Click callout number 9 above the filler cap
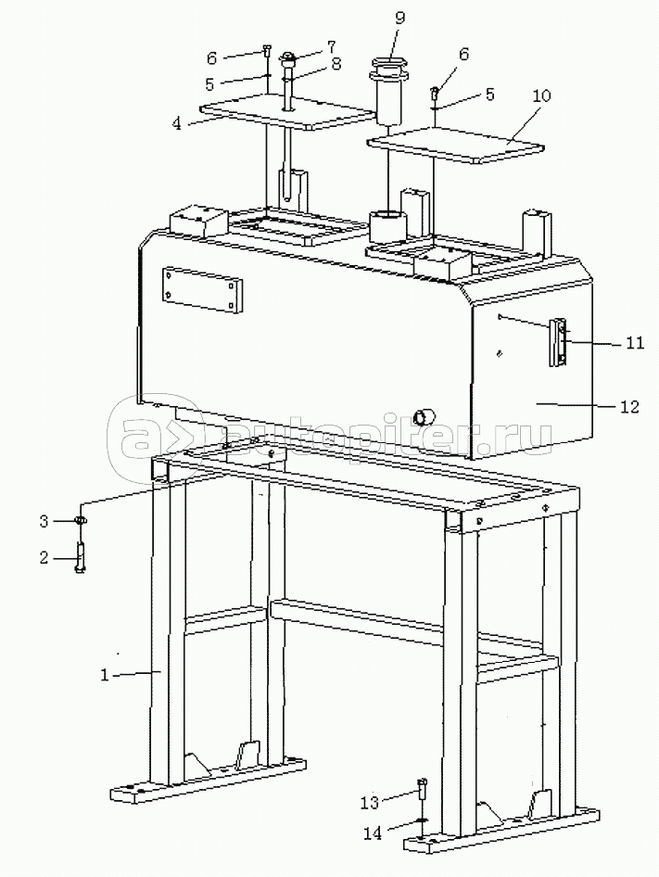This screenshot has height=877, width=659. coord(399,19)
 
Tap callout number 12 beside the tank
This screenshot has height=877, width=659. coord(629,406)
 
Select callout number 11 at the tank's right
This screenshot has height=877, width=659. coord(634,342)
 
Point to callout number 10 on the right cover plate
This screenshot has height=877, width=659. coord(541,95)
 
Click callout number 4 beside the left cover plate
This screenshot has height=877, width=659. coord(177,123)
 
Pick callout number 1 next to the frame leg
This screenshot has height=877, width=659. coord(105,675)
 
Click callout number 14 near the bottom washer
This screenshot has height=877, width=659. coord(372,833)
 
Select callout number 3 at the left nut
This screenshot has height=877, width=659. coord(44,522)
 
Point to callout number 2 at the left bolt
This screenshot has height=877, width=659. coord(44,558)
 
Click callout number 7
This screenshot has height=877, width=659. coord(331,45)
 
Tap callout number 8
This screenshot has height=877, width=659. coord(336,64)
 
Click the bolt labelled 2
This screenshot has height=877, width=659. coord(80,557)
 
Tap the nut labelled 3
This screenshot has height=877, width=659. coord(81,521)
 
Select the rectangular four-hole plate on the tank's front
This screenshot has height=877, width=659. coord(202,290)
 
